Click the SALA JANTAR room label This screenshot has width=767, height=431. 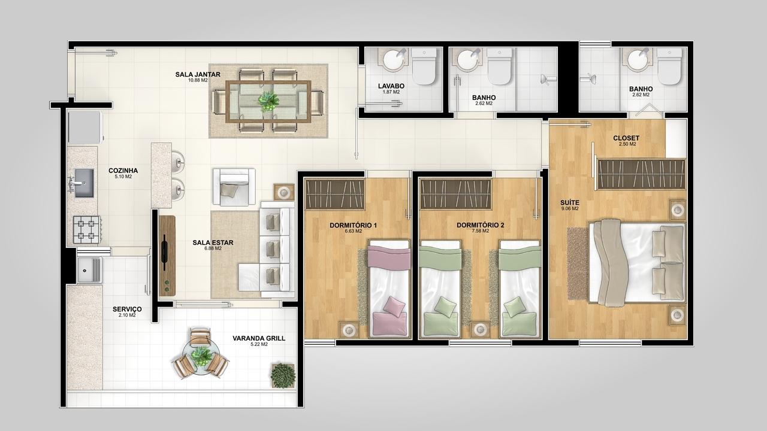point(198,74)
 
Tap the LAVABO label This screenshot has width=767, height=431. point(391,86)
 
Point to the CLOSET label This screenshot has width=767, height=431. point(626,138)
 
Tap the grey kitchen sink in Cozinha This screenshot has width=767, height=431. point(83,183)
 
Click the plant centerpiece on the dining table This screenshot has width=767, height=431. point(268,101)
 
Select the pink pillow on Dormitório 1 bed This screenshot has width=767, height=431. point(394,307)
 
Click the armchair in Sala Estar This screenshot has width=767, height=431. point(234,187)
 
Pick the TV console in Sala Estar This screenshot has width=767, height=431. point(167,256)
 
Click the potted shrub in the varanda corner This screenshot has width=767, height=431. point(283,375)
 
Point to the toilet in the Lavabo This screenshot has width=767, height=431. point(424,66)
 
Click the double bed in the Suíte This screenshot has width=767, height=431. point(637,263)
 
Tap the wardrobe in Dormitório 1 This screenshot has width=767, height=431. point(335,194)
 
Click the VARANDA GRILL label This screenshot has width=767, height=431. point(259,338)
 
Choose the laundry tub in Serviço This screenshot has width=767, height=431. point(90,270)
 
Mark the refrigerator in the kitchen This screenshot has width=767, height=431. point(85,128)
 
